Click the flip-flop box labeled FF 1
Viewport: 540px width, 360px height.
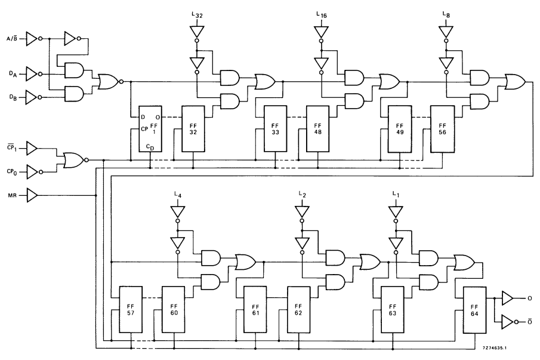click(x=150, y=129)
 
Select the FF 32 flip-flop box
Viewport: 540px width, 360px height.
click(x=193, y=129)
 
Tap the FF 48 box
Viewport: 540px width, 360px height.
click(x=317, y=129)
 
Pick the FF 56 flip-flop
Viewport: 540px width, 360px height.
click(x=442, y=129)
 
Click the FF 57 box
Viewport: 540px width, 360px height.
click(x=131, y=310)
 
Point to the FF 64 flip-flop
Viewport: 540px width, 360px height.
click(x=475, y=310)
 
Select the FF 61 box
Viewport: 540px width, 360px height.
click(x=255, y=310)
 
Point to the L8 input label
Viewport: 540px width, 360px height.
click(x=445, y=15)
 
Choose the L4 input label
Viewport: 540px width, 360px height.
click(x=177, y=195)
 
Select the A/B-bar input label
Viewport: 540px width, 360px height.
click(x=11, y=39)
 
